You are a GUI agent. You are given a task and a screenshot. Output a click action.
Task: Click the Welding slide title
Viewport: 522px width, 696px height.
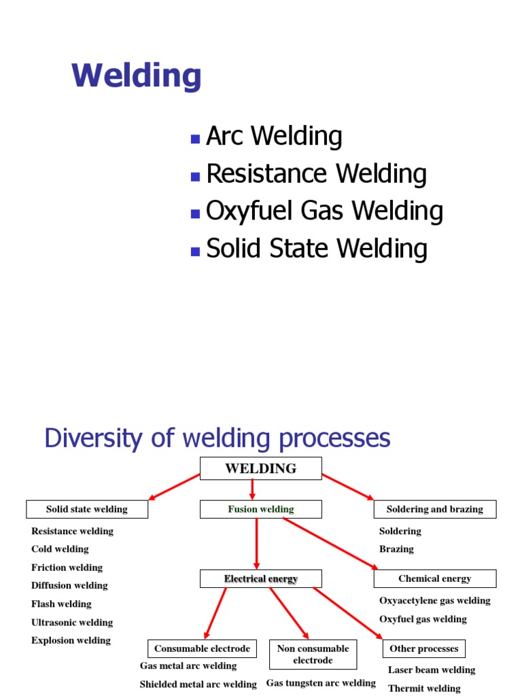[137, 76]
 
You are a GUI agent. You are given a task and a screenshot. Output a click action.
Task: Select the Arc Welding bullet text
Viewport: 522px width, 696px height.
[274, 137]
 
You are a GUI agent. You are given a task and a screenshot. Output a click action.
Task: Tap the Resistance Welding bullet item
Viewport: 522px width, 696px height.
[316, 174]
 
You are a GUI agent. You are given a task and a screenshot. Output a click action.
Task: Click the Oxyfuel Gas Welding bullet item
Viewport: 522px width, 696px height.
[324, 211]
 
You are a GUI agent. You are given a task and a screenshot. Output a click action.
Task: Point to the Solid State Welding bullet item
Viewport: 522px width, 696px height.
[317, 249]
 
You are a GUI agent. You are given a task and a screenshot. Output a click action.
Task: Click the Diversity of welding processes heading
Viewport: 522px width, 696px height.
[217, 438]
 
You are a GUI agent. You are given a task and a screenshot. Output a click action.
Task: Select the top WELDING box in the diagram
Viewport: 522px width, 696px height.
[260, 468]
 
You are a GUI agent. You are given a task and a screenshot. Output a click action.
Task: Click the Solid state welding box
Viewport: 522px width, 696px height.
[87, 509]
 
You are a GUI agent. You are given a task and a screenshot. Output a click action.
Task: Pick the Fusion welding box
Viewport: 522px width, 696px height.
[260, 509]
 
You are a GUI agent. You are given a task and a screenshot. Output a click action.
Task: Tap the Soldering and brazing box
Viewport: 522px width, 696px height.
[435, 509]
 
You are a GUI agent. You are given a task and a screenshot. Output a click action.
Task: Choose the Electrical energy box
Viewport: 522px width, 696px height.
[260, 579]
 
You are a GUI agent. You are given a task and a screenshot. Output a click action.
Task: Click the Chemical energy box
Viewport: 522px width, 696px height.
[435, 579]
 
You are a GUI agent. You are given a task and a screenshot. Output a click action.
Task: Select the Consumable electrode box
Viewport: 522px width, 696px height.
[202, 648]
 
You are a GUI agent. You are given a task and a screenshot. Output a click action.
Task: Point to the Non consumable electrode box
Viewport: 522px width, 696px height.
[313, 654]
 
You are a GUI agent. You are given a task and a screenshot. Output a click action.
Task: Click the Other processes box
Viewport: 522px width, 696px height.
[423, 648]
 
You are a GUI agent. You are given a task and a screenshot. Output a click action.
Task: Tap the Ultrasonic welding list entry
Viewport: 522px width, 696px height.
[72, 622]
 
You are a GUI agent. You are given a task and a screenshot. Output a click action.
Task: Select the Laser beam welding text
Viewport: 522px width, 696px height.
[432, 669]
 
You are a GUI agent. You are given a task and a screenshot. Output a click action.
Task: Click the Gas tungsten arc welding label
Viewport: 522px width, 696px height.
[321, 682]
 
